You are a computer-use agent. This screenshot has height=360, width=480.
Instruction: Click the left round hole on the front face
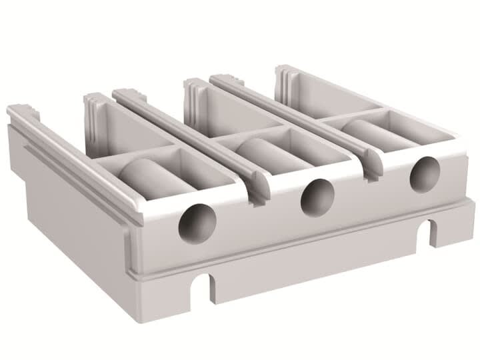[x=194, y=223]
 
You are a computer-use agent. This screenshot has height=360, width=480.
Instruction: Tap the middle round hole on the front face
[x=317, y=198]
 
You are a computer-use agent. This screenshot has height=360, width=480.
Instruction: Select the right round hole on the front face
[x=424, y=175]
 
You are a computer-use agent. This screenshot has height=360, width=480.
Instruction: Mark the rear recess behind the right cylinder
[x=333, y=97]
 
